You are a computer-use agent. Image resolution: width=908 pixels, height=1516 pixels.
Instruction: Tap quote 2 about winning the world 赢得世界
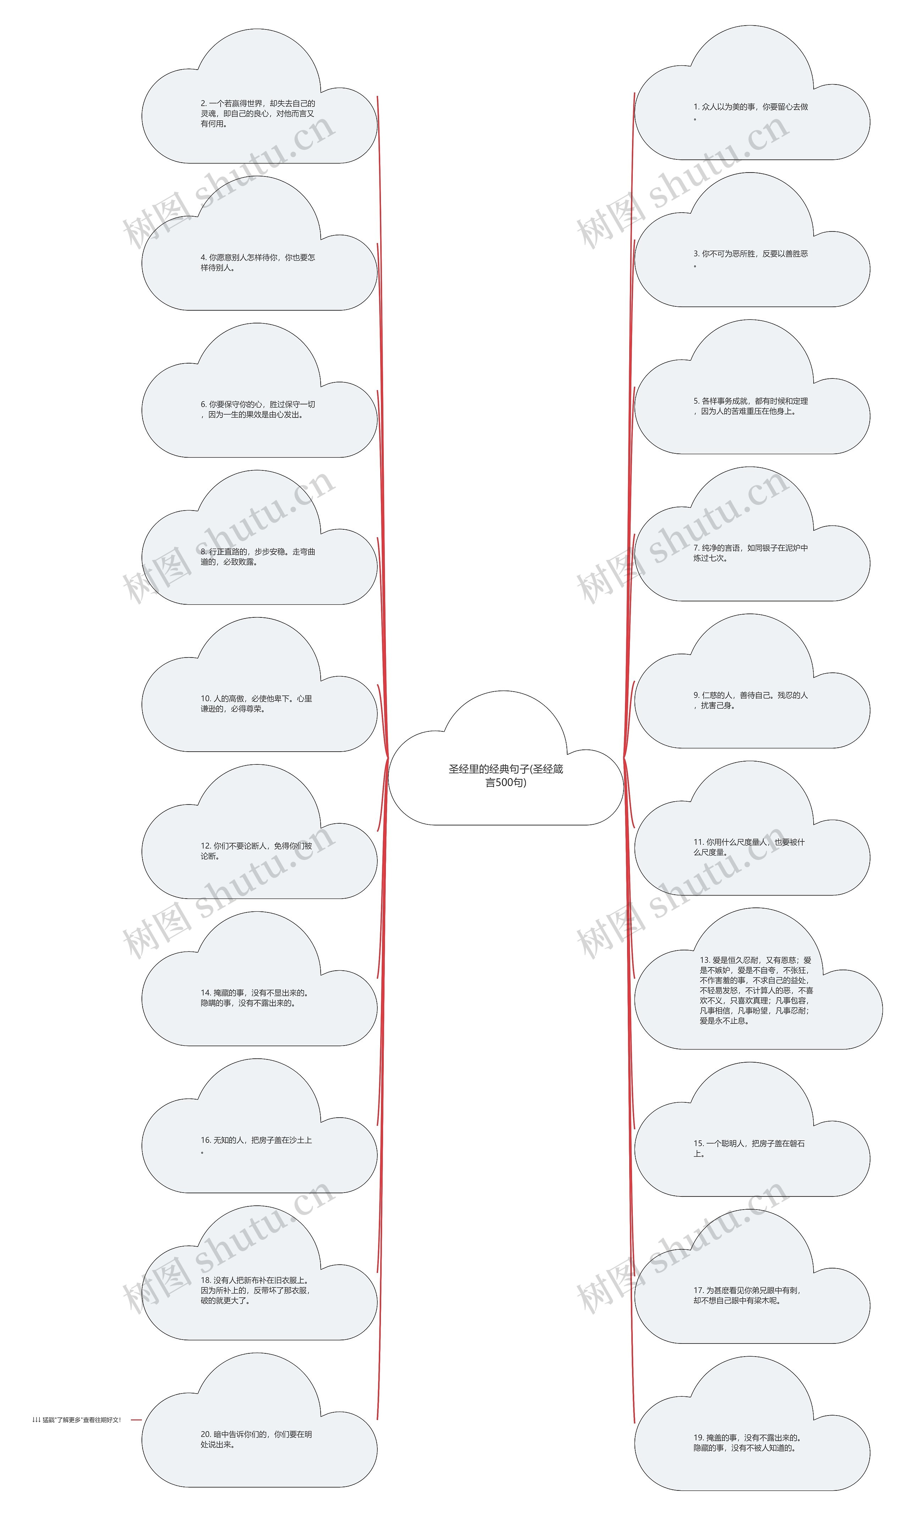pyautogui.click(x=258, y=113)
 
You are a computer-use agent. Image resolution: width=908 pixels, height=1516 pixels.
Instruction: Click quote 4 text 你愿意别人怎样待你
pyautogui.click(x=258, y=262)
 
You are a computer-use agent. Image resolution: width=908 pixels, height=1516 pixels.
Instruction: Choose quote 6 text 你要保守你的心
pyautogui.click(x=258, y=409)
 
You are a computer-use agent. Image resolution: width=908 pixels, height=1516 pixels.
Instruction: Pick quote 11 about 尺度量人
pyautogui.click(x=749, y=847)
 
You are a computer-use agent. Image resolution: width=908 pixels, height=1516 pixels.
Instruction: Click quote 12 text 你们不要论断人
pyautogui.click(x=256, y=850)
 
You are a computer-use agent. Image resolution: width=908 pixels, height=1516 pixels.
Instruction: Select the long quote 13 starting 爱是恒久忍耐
pyautogui.click(x=756, y=990)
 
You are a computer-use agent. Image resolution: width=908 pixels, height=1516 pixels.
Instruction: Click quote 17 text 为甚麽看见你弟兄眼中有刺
pyautogui.click(x=747, y=1295)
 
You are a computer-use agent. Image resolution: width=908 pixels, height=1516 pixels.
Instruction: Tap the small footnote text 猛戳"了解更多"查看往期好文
pyautogui.click(x=77, y=1419)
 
